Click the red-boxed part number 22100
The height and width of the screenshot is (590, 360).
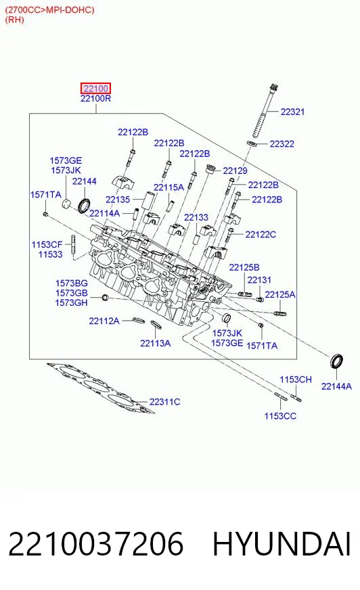coord(95,89)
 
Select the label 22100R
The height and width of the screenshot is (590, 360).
coord(95,99)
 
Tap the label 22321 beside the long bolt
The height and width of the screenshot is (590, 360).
coord(292,112)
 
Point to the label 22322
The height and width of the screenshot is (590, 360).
coord(282,143)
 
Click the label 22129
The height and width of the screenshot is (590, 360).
coord(235,171)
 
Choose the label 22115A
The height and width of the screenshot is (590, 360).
coord(168,187)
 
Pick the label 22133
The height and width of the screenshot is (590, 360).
coord(196,217)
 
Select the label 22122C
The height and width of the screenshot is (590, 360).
coord(261,235)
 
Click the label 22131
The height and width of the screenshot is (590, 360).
coord(259,280)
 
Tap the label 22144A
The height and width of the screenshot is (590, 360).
coord(336,386)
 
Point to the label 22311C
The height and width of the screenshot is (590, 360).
coord(164,402)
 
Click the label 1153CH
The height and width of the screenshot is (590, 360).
coord(296,380)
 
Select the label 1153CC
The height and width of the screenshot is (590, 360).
coord(280,416)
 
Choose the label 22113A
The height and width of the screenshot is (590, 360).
coord(156,343)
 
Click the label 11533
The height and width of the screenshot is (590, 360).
coord(50,254)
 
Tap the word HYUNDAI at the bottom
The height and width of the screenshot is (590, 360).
coord(282,544)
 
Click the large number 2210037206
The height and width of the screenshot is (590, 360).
coord(96,544)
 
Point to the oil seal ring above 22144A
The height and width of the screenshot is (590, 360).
coord(337,361)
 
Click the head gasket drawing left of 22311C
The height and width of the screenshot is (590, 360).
coord(101,388)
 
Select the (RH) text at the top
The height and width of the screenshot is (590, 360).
coord(14,20)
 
